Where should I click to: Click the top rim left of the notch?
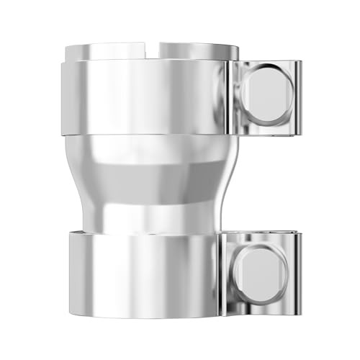coord(108,51)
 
